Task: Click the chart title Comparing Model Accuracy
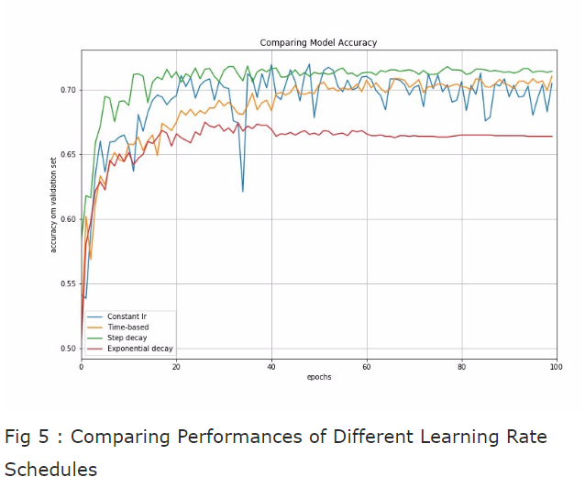pyautogui.click(x=318, y=42)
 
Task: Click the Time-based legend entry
pyautogui.click(x=127, y=327)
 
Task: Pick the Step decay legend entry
pyautogui.click(x=127, y=338)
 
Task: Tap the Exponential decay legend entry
pyautogui.click(x=139, y=349)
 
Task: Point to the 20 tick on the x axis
pyautogui.click(x=176, y=367)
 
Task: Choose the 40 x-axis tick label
pyautogui.click(x=270, y=367)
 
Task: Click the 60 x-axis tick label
pyautogui.click(x=366, y=367)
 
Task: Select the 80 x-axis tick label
pyautogui.click(x=461, y=367)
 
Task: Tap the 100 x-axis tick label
pyautogui.click(x=556, y=367)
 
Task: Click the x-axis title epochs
pyautogui.click(x=318, y=377)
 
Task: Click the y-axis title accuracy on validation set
pyautogui.click(x=53, y=204)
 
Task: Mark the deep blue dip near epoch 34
pyautogui.click(x=243, y=190)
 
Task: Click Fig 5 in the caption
pyautogui.click(x=26, y=437)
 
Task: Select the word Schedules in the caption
pyautogui.click(x=50, y=470)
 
